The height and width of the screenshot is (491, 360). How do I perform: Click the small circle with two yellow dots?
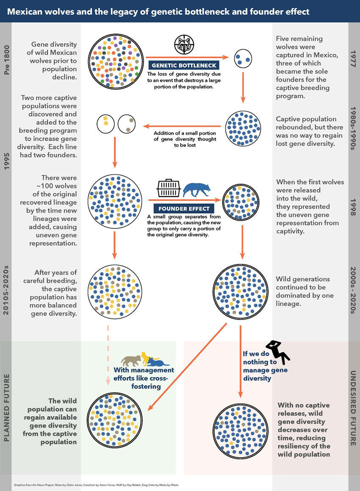[105, 124]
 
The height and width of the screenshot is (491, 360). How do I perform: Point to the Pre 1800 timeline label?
[6, 59]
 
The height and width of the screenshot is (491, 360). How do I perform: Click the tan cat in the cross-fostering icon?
[131, 361]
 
